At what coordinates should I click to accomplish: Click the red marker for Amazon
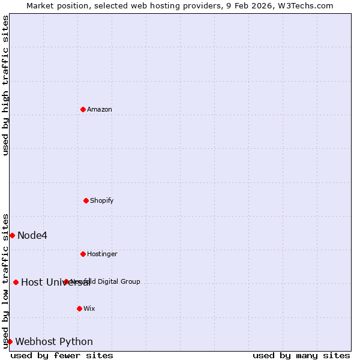click(83, 109)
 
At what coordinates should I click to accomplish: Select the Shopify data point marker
click(86, 200)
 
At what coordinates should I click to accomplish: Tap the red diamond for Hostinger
click(83, 254)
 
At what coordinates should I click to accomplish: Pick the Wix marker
click(79, 308)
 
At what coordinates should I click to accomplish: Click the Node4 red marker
click(12, 235)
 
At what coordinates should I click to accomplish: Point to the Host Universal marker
click(16, 282)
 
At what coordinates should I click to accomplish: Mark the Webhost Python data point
click(10, 341)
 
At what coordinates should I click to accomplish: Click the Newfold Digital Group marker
click(66, 281)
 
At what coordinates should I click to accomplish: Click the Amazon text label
click(100, 109)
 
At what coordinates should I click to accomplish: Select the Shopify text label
click(102, 200)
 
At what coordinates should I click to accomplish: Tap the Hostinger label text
click(102, 254)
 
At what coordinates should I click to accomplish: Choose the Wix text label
click(89, 308)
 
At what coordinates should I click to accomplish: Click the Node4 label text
click(32, 235)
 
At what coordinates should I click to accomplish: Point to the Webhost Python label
click(54, 341)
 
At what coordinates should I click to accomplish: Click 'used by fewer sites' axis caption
click(62, 355)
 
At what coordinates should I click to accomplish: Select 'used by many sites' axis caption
click(301, 355)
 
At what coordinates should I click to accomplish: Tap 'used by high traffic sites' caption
click(5, 85)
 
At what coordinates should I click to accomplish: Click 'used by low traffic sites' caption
click(5, 281)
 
